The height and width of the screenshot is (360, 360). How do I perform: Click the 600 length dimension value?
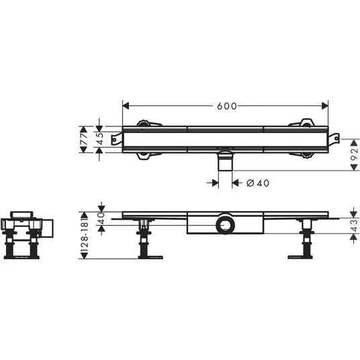(226, 106)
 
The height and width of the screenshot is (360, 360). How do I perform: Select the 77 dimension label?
(83, 139)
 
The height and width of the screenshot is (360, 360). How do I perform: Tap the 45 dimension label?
(100, 139)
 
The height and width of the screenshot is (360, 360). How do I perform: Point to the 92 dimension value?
(355, 154)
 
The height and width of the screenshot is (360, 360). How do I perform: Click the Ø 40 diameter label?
(258, 183)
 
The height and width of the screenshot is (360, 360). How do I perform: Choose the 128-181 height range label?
(84, 236)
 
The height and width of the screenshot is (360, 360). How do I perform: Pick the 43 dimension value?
(355, 226)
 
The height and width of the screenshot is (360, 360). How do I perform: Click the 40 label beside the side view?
(101, 218)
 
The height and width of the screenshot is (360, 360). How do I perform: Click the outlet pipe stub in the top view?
(226, 161)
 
